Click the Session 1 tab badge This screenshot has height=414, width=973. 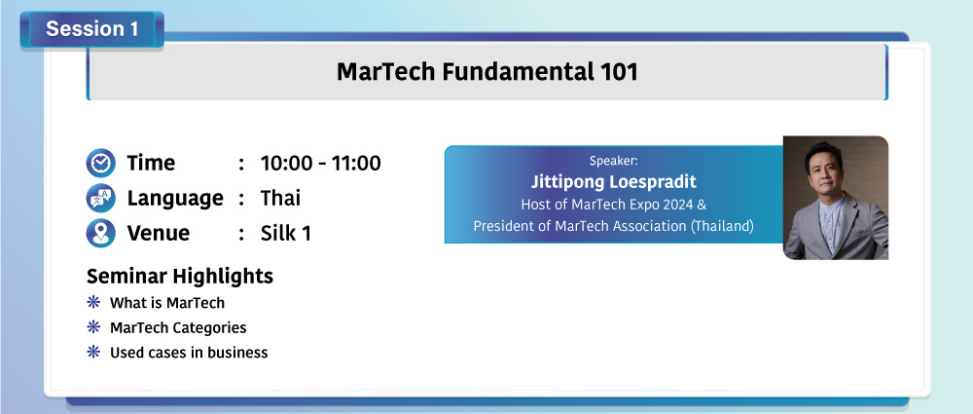coord(91,29)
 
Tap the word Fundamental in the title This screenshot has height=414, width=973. coord(517,72)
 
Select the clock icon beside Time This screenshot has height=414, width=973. coord(100,163)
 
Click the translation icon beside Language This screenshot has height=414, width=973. coord(100,199)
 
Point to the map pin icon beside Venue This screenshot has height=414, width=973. coord(100,233)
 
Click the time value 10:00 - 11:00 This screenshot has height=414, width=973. coord(320,164)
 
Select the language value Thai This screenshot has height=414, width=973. coord(280,199)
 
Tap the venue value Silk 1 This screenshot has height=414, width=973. coord(285,234)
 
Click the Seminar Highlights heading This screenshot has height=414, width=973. coord(180,276)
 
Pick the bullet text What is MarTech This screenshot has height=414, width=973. coord(167,303)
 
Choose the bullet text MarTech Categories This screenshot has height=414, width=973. coord(178,327)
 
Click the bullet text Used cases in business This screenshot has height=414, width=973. coord(189,353)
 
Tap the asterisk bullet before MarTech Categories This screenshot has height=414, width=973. coord(93,327)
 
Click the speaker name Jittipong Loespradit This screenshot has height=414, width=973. coord(614,181)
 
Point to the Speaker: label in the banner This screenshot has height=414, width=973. coord(614,161)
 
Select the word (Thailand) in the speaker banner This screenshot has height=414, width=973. coord(722,226)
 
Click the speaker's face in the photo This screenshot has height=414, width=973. coord(828,170)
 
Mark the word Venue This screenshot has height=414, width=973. coord(159,234)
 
